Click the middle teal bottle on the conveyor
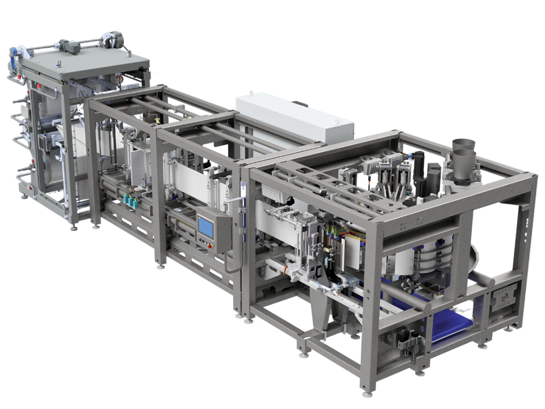click(x=132, y=203)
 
